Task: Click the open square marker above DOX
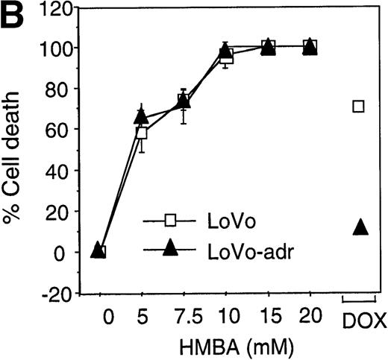(x=359, y=107)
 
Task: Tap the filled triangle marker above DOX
(x=360, y=227)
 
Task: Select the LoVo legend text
(x=223, y=220)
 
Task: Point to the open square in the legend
(x=169, y=220)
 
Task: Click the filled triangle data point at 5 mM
(x=141, y=116)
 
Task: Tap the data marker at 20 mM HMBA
(x=310, y=47)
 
